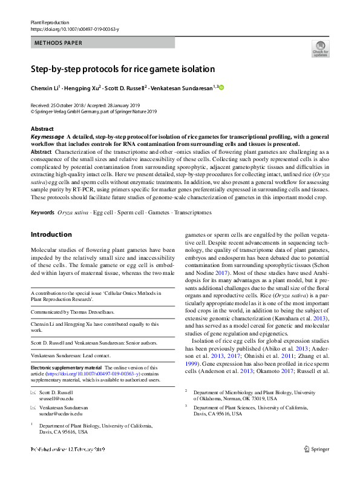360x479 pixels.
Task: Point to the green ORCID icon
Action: tap(221, 88)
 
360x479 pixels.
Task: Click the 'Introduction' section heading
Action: tap(51, 217)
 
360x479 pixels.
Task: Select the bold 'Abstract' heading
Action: tap(42, 129)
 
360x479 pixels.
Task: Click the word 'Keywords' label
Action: tap(42, 196)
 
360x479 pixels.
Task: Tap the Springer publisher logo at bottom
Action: tap(316, 466)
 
